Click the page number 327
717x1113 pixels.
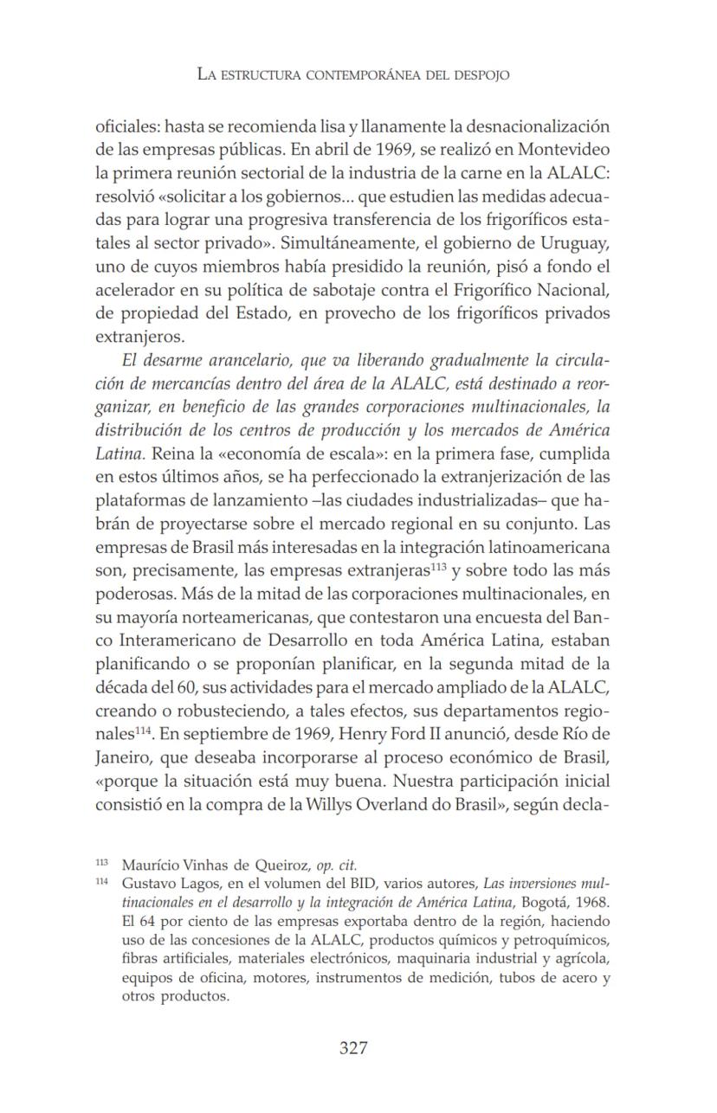point(353,1048)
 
